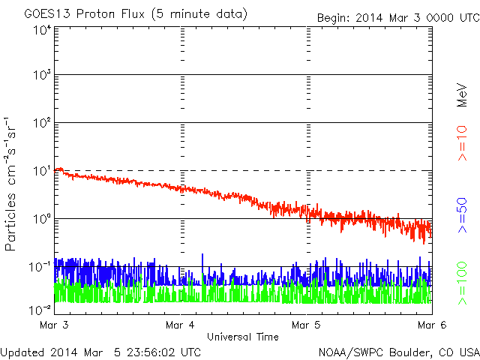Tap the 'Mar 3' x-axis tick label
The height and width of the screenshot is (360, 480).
click(x=55, y=325)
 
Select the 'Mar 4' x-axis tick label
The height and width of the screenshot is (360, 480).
click(x=181, y=325)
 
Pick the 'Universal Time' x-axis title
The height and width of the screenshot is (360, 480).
click(x=243, y=337)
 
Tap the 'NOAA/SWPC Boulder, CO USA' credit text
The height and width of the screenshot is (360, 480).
click(x=398, y=352)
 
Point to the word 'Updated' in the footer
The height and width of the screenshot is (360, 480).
click(x=22, y=352)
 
